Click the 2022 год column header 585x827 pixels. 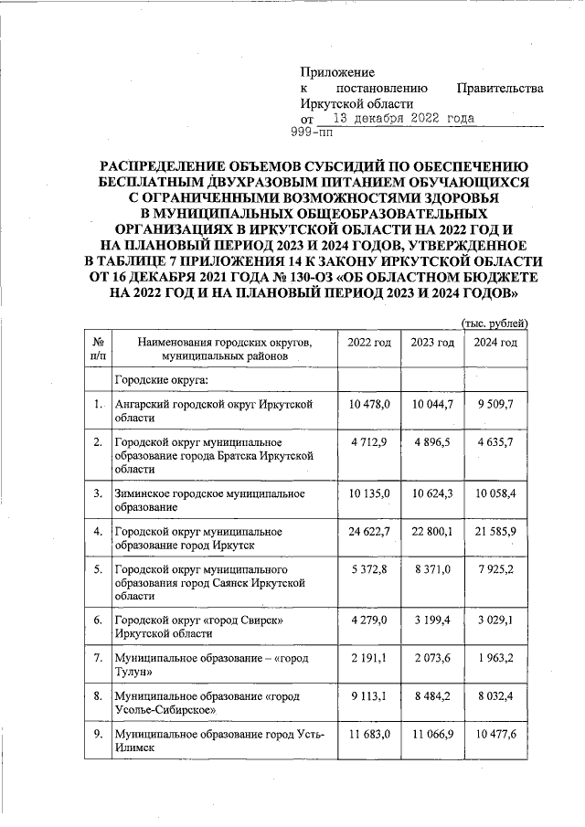[x=369, y=343]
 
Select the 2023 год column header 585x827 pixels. [x=432, y=343]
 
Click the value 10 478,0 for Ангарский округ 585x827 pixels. [x=369, y=404]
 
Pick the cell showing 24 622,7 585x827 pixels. [x=369, y=531]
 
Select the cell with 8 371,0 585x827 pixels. [x=432, y=569]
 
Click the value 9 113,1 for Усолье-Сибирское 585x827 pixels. [x=369, y=695]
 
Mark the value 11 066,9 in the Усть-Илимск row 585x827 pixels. [x=432, y=734]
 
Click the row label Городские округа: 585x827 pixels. [x=161, y=379]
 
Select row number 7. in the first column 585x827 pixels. [x=98, y=658]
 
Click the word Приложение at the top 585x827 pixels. [x=337, y=72]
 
